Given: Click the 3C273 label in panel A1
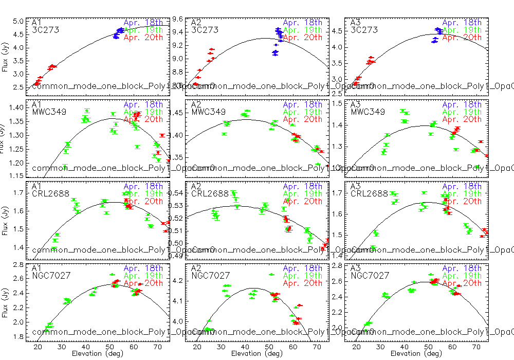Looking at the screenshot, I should pyautogui.click(x=45, y=30).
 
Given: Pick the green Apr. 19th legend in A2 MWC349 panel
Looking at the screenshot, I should pyautogui.click(x=303, y=112).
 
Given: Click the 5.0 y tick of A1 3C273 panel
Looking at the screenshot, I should pyautogui.click(x=19, y=22).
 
